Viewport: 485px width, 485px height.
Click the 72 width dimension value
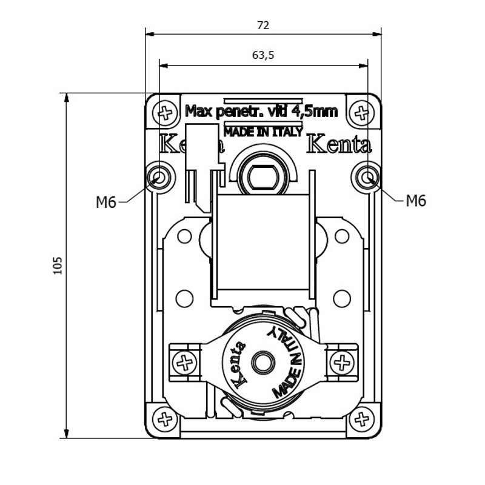[x=263, y=25]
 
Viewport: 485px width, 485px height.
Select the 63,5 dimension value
[x=263, y=55]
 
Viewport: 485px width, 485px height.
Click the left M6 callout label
[x=106, y=202]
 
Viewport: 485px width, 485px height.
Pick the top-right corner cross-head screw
[x=362, y=112]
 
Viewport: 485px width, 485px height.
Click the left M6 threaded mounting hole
[x=159, y=177]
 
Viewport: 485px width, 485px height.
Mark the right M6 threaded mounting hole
[x=367, y=177]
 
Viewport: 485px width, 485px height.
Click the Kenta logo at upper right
[x=339, y=145]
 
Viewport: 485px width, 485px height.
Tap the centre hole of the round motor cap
[x=263, y=363]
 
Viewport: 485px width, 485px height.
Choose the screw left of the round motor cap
[x=184, y=363]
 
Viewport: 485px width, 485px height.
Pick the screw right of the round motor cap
[x=342, y=363]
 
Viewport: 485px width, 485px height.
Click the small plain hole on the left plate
[x=184, y=298]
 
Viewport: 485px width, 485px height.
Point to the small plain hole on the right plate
[x=342, y=298]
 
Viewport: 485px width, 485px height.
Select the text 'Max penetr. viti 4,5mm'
[x=261, y=112]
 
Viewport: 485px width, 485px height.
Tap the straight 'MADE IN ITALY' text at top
[x=263, y=132]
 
